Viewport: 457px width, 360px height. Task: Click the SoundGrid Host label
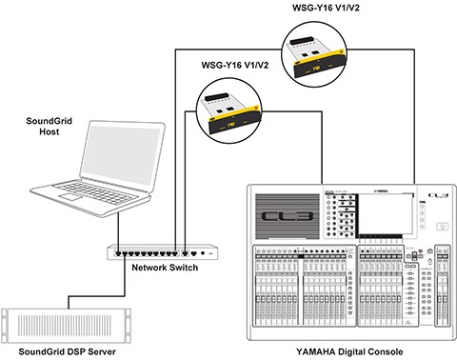[49, 126]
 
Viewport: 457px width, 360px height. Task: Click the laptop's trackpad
[71, 196]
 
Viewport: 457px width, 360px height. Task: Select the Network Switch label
[165, 268]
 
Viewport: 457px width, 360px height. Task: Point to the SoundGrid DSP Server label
[67, 351]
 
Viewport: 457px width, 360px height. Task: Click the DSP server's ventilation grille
[66, 326]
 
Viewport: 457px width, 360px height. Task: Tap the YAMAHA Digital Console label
[349, 351]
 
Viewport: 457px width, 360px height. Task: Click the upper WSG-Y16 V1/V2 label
[326, 8]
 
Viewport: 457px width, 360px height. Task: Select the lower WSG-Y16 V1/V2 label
[235, 65]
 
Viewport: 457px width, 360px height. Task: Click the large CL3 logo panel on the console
[288, 216]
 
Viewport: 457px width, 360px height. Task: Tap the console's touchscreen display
[387, 214]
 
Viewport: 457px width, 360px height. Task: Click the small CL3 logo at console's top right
[438, 195]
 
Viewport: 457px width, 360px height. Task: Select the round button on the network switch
[203, 253]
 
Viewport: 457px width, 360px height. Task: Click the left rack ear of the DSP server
[5, 326]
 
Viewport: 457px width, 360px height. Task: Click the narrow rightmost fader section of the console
[442, 285]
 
